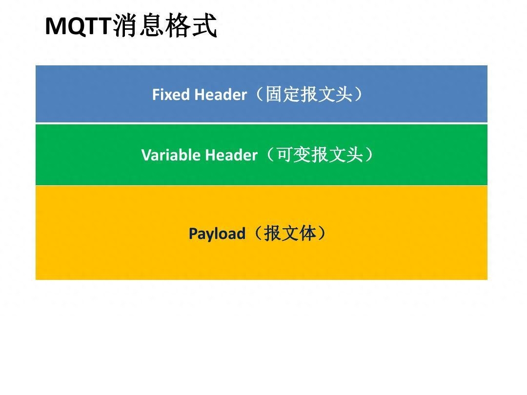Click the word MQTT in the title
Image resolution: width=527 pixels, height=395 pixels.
[78, 26]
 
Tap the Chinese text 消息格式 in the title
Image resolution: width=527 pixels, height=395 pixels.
[165, 25]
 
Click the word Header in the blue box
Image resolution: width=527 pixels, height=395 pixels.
[221, 95]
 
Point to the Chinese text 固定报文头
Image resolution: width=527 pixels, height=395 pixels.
[309, 94]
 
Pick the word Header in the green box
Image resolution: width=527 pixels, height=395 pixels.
[231, 155]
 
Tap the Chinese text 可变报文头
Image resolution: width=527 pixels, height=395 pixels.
[320, 155]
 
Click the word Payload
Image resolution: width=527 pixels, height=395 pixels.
[217, 234]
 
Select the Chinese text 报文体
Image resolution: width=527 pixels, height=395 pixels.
[290, 233]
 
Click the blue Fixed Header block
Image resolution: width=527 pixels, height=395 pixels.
[262, 94]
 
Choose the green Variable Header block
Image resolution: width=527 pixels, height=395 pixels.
[262, 155]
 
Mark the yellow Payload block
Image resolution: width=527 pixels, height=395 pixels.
[262, 233]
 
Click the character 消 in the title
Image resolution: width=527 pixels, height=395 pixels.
[125, 25]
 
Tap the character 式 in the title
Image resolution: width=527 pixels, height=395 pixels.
[204, 25]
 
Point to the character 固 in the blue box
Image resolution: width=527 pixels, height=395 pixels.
[274, 94]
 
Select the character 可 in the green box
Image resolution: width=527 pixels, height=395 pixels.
[285, 155]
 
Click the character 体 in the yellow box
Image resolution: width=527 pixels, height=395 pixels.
[307, 233]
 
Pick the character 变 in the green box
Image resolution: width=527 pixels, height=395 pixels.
[303, 155]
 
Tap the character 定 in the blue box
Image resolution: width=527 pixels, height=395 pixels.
[292, 94]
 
